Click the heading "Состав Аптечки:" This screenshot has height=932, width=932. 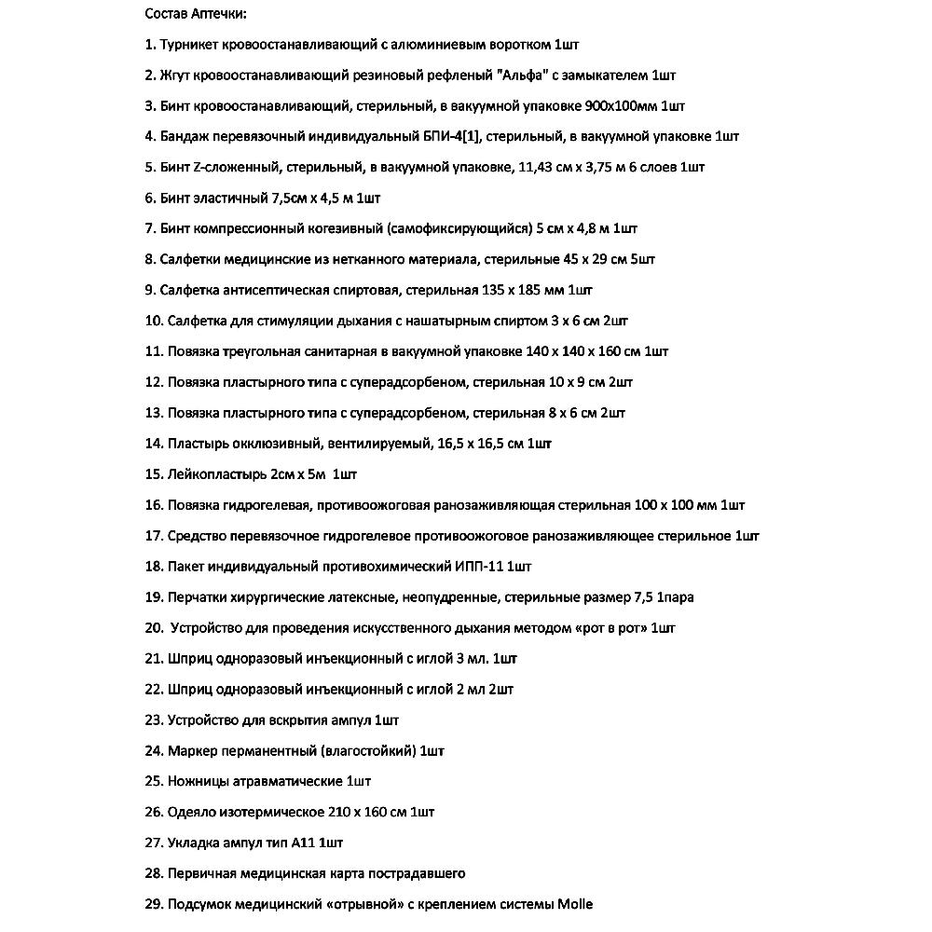(195, 13)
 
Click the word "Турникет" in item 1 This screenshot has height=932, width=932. (192, 44)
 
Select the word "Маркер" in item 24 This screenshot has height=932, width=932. (192, 750)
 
